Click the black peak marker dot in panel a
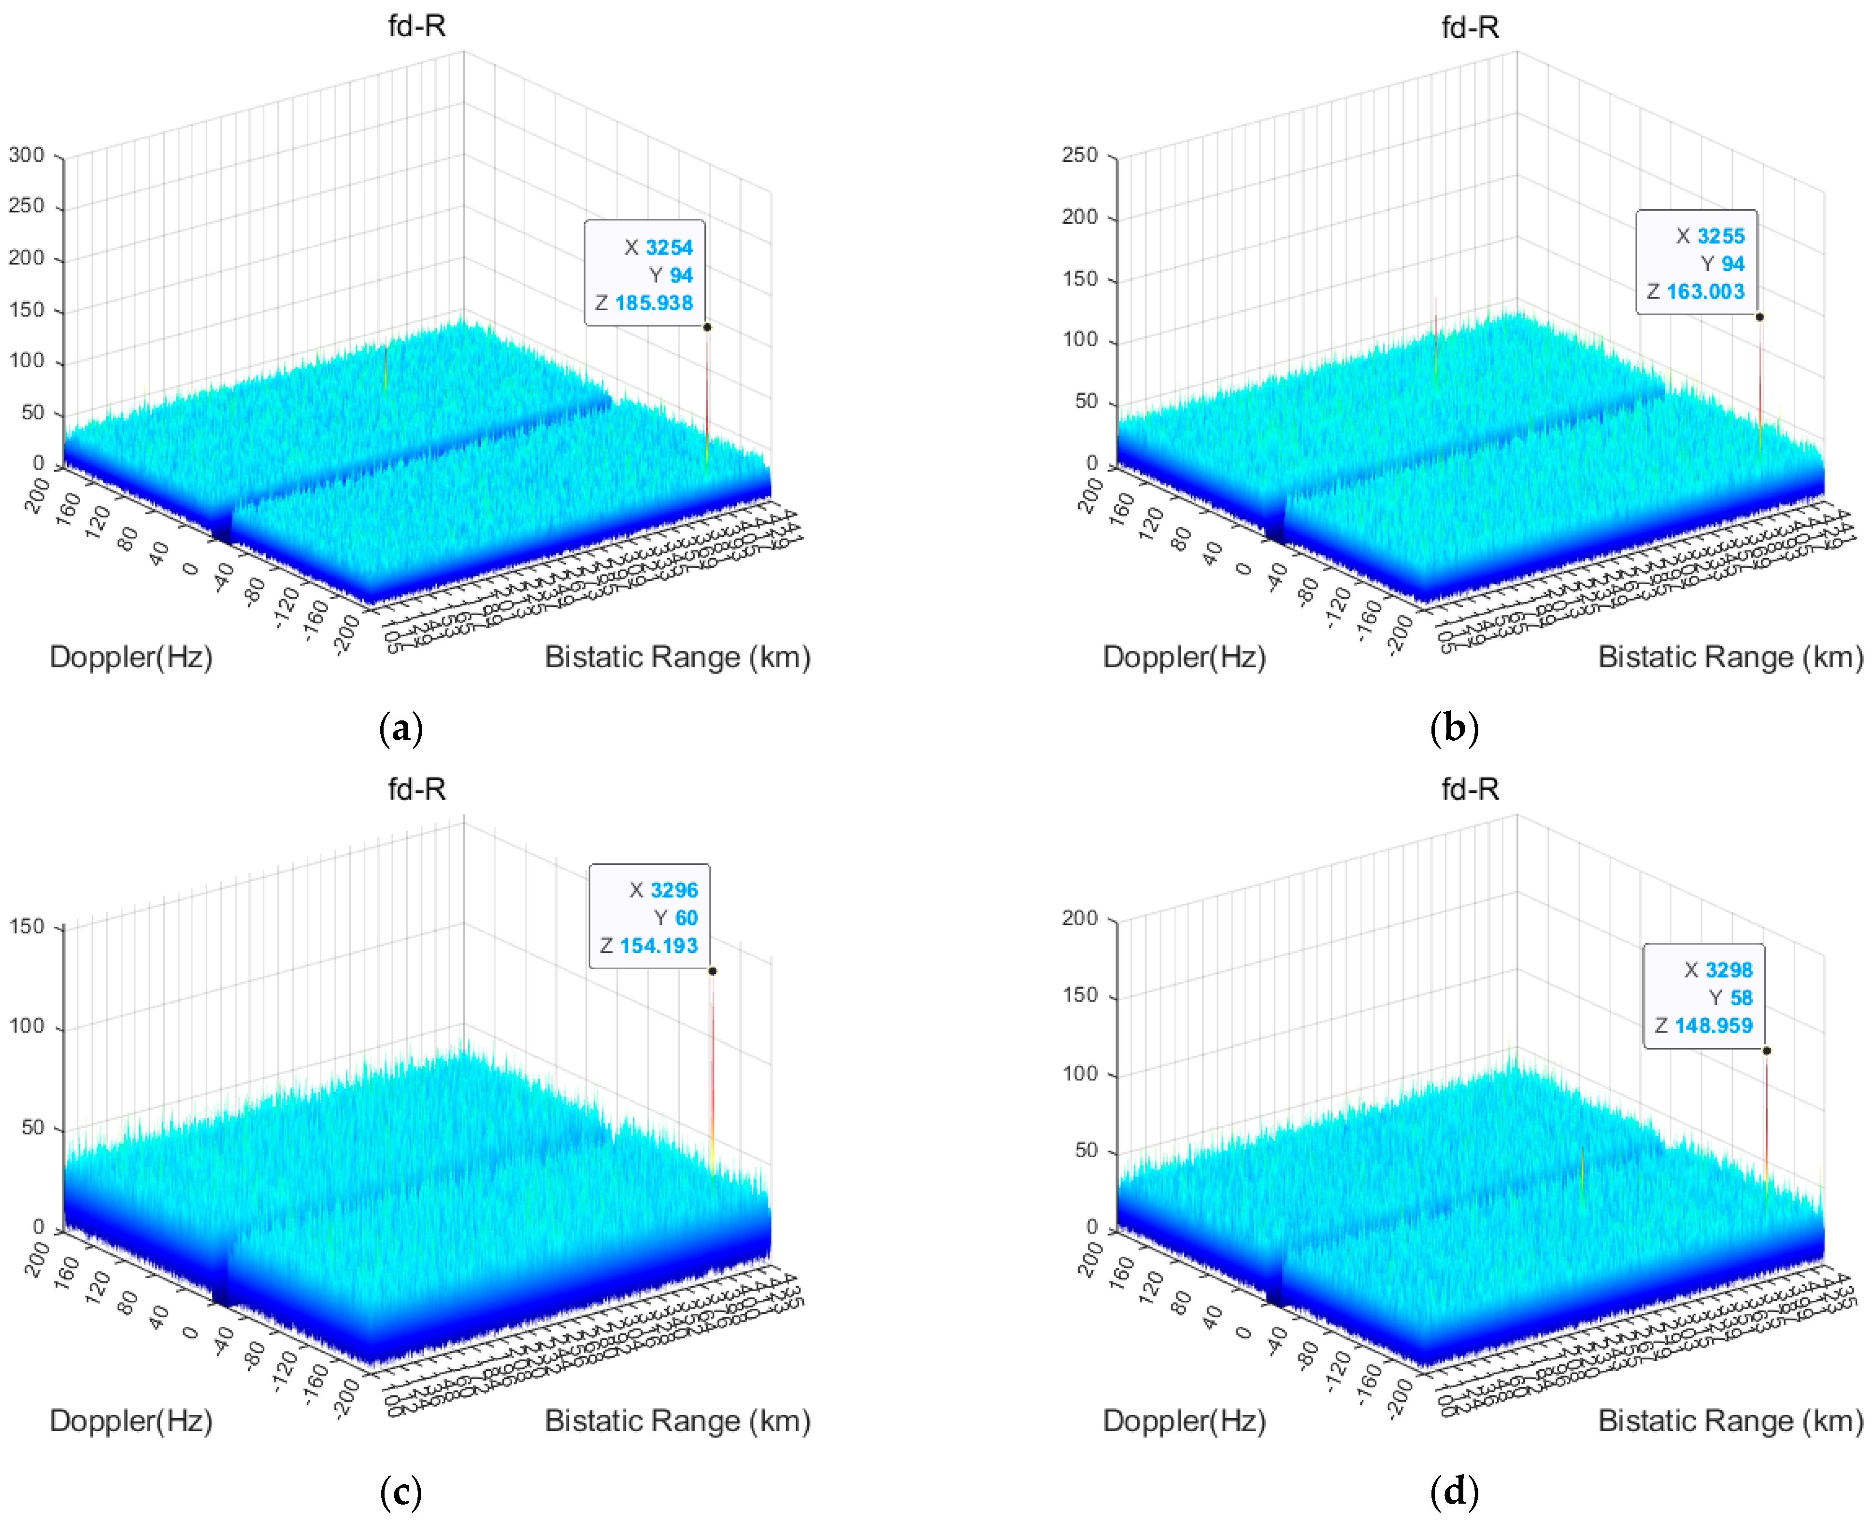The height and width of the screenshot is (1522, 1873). tap(707, 327)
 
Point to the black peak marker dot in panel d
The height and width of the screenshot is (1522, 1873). tap(1766, 1050)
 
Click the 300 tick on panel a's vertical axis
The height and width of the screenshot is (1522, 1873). tap(26, 155)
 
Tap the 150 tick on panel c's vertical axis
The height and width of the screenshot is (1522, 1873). tap(26, 927)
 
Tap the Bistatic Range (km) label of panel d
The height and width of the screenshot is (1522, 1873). tap(1730, 1421)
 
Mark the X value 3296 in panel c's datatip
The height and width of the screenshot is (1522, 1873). tap(673, 890)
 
